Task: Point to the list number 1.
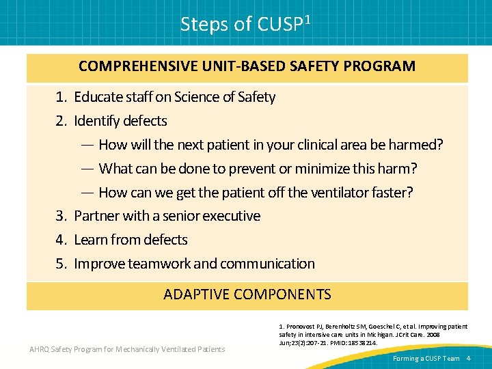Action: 61,97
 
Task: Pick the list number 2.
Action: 61,121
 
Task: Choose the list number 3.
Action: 61,216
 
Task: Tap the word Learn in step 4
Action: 90,240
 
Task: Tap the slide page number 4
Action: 468,358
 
